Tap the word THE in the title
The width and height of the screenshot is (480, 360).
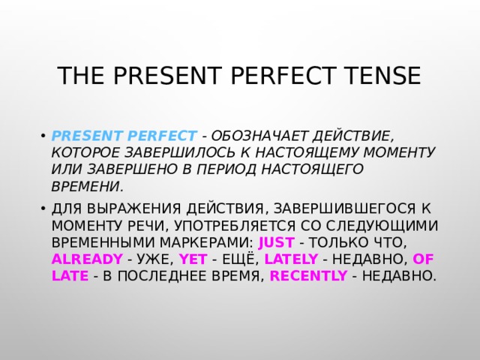click(x=79, y=77)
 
